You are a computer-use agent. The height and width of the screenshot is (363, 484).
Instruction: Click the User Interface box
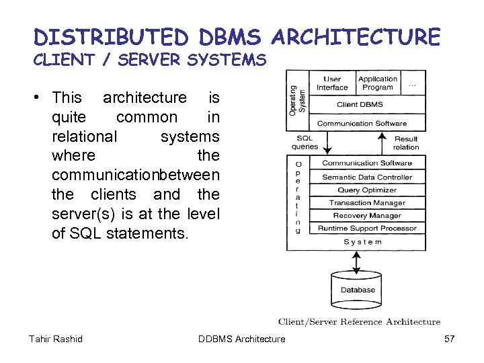[x=332, y=83]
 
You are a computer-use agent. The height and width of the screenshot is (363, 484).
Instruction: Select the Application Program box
[x=377, y=83]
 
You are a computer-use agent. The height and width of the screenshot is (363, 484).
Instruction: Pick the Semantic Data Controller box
[x=366, y=177]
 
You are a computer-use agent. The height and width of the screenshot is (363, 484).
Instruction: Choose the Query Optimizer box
[x=366, y=190]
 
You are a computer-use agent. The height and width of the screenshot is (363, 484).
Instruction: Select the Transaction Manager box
[x=366, y=203]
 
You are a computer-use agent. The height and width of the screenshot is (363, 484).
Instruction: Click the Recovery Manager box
[x=366, y=216]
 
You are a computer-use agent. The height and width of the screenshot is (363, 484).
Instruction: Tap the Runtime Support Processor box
[x=366, y=229]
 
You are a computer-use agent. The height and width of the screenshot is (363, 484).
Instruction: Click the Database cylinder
[x=358, y=289]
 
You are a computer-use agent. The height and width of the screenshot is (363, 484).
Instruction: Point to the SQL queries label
[x=305, y=143]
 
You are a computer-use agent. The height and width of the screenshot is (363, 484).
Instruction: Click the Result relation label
[x=405, y=143]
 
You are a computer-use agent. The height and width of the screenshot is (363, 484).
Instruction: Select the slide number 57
[x=450, y=339]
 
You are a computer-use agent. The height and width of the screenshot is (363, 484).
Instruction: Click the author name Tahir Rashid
[x=56, y=339]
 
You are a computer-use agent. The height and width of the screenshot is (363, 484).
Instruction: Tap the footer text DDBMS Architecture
[x=242, y=339]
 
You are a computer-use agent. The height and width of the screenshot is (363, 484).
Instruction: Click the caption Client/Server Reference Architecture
[x=359, y=322]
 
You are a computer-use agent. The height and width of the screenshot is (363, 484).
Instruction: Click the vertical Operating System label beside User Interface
[x=296, y=99]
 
